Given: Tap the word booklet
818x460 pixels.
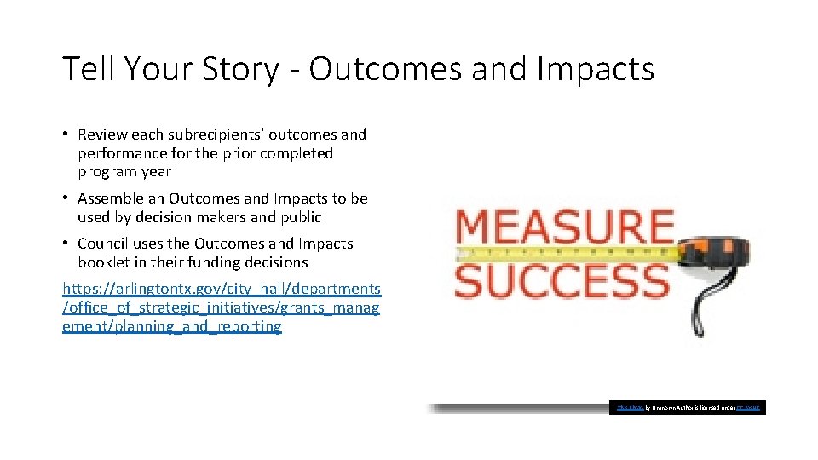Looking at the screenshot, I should (x=105, y=262).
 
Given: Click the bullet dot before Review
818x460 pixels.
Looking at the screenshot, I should (x=66, y=135).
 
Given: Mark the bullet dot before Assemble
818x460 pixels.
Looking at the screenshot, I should (x=66, y=198).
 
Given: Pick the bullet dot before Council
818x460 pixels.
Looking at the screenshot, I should (x=66, y=244).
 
